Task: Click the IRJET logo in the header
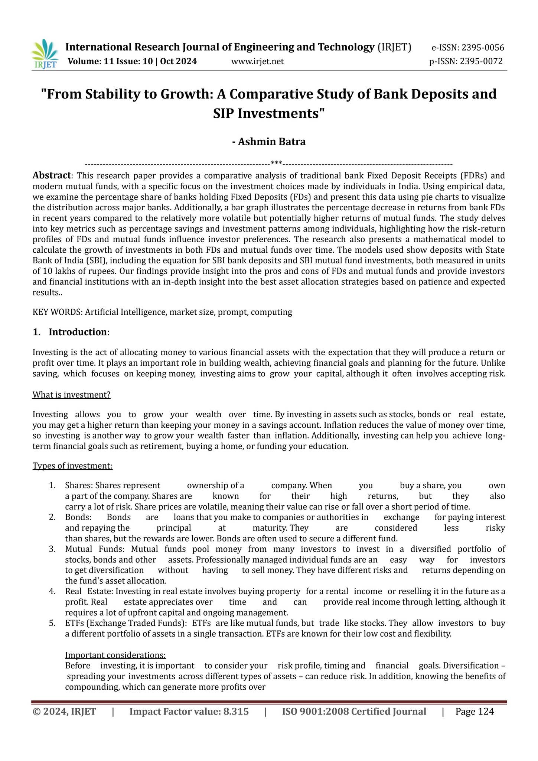pyautogui.click(x=45, y=54)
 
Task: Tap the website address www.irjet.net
pyautogui.click(x=257, y=61)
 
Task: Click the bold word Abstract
pyautogui.click(x=52, y=175)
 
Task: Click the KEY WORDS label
pyautogui.click(x=57, y=312)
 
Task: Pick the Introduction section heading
pyautogui.click(x=79, y=332)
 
